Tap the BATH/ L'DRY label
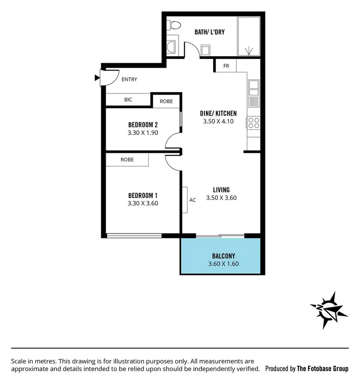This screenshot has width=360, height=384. point(209,32)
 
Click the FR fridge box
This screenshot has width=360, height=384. point(226,66)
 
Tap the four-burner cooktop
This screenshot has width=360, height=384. point(253,123)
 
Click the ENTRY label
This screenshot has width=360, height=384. point(130,79)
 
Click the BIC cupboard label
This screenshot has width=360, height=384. point(128,100)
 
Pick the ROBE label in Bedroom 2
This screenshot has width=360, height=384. point(166,102)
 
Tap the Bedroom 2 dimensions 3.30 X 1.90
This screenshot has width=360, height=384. point(143,133)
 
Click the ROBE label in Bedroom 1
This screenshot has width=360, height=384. point(127,160)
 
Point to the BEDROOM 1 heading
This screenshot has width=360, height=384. point(143,195)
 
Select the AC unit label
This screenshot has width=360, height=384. point(192,200)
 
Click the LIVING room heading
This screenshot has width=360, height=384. point(221,190)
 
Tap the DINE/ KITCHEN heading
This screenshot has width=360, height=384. point(218,114)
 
